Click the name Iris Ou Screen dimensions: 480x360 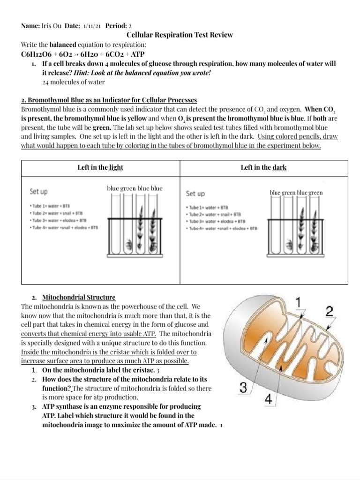click(x=50, y=26)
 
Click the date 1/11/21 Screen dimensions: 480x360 click(x=92, y=26)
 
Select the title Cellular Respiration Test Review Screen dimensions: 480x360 click(x=180, y=35)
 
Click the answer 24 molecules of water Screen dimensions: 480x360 click(x=73, y=82)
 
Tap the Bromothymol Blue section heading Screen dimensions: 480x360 click(x=109, y=100)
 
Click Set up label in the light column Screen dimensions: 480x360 click(x=38, y=192)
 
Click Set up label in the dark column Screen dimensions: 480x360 click(x=195, y=193)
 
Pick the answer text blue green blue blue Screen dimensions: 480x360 click(x=135, y=188)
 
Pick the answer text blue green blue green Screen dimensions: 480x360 click(x=296, y=193)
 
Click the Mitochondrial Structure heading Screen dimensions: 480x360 click(x=79, y=298)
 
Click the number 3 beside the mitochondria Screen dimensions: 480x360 click(x=243, y=388)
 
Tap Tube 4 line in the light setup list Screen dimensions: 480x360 click(x=64, y=227)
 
